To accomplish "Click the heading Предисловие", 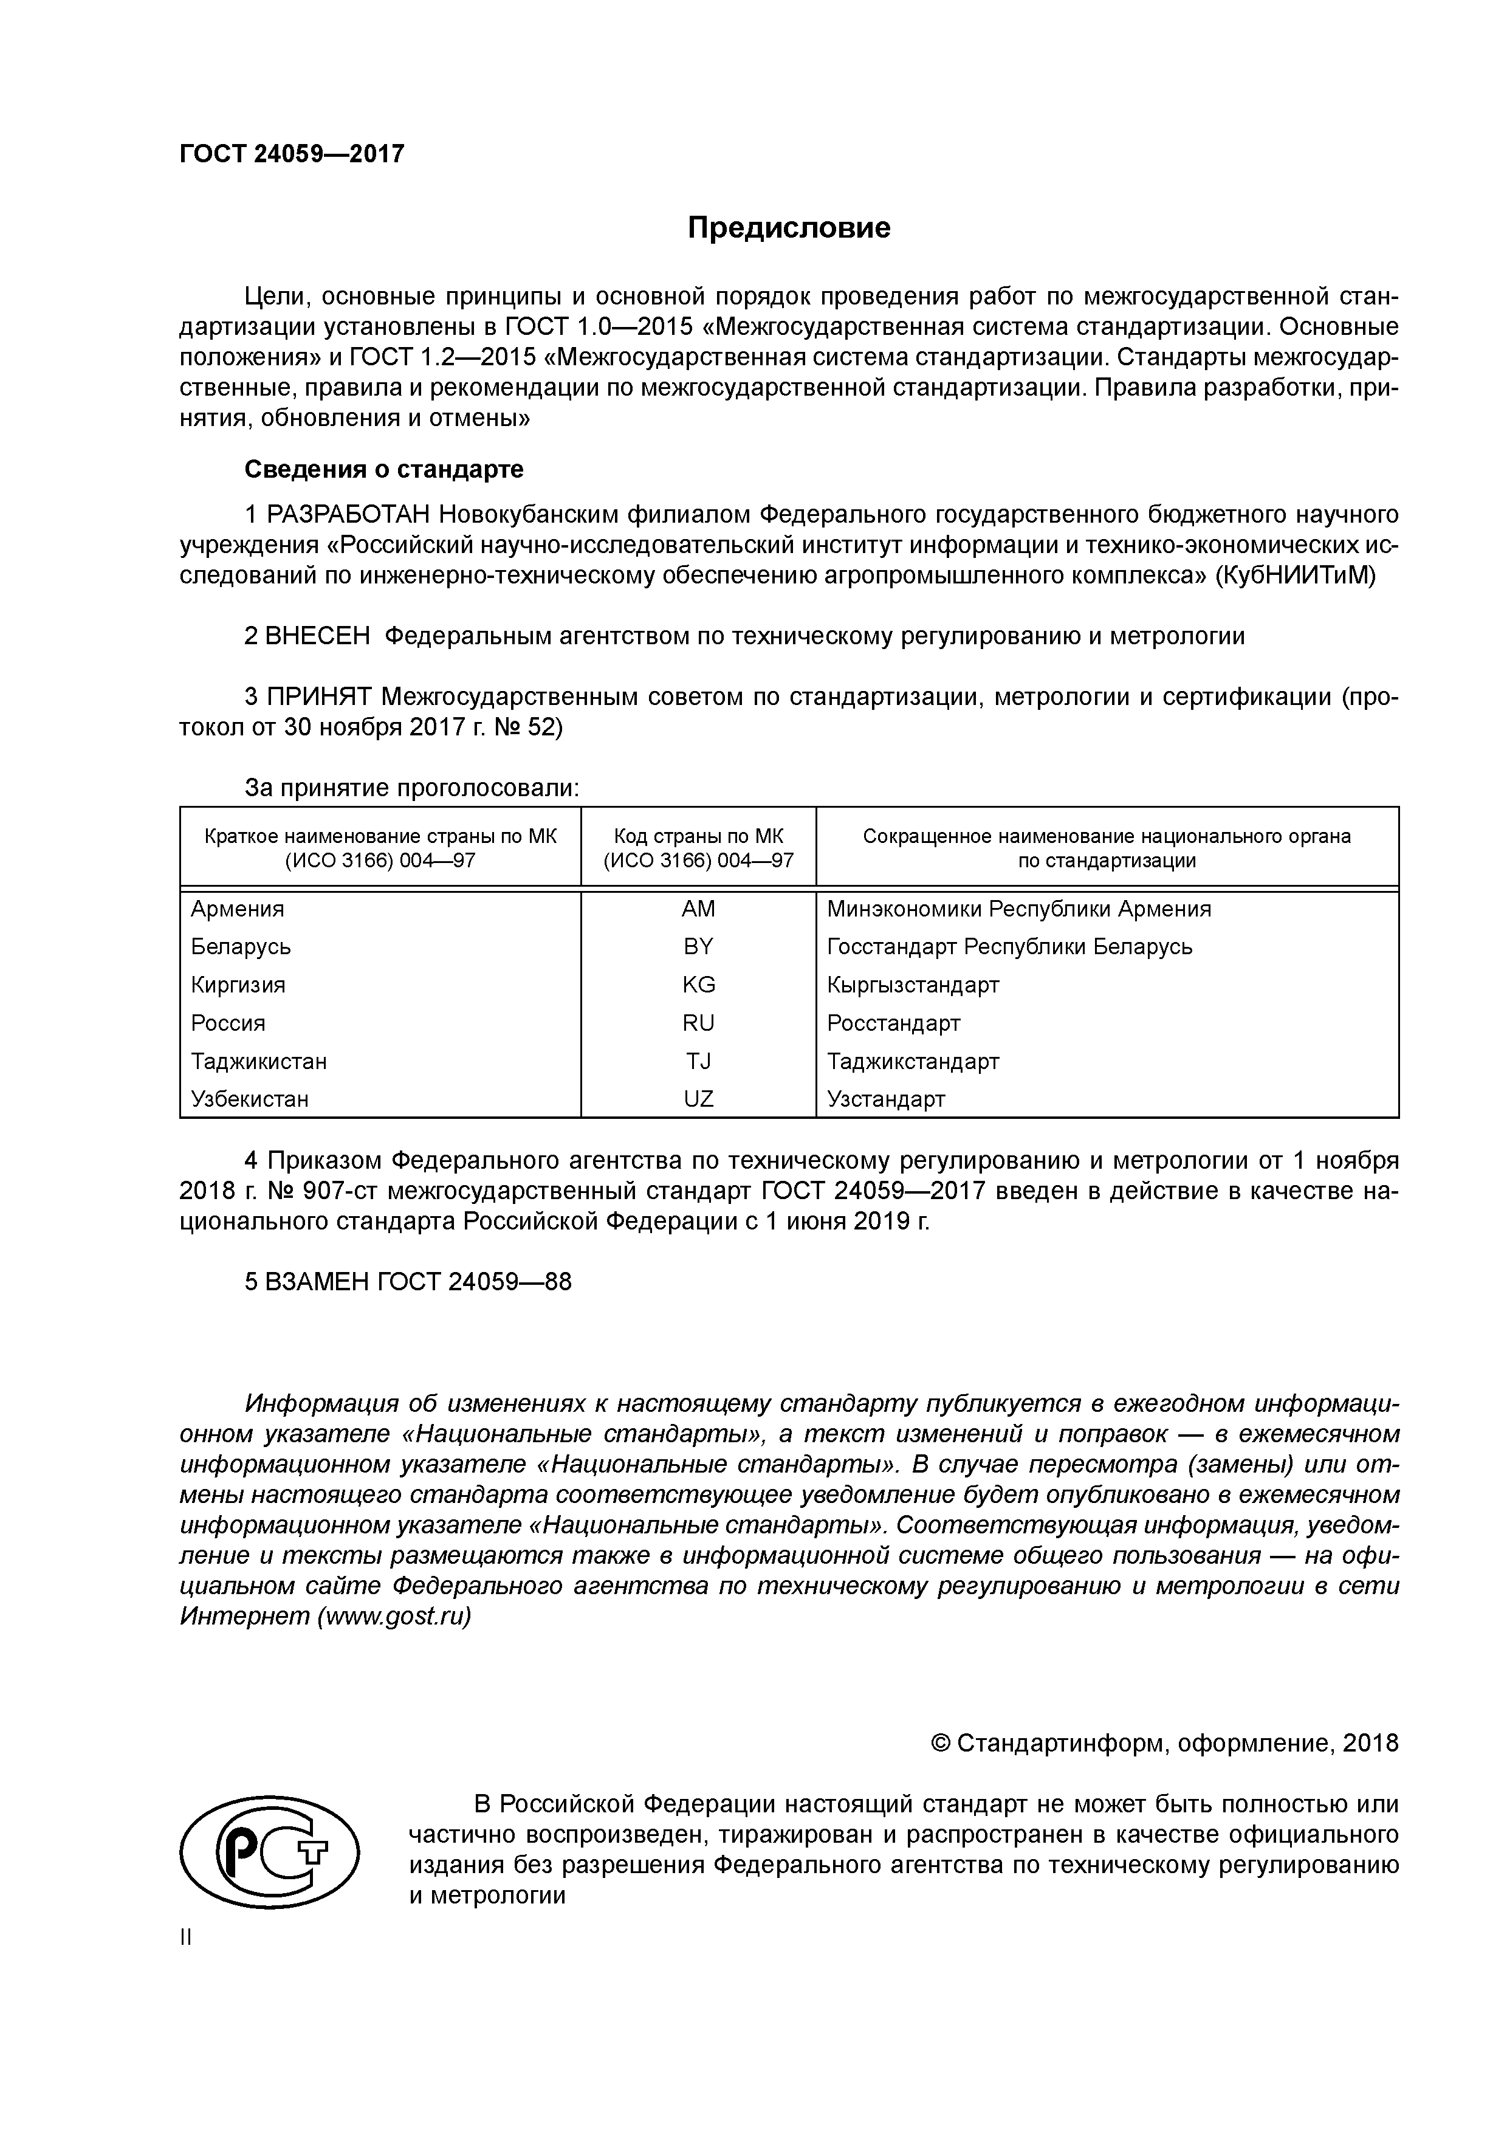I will [x=788, y=227].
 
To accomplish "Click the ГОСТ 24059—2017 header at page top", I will [x=292, y=153].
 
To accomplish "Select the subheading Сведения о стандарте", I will [x=383, y=469].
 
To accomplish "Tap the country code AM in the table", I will [x=698, y=909].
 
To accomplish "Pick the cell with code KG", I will [x=698, y=985].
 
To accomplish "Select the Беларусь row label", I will [x=241, y=947].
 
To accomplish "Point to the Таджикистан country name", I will [x=258, y=1061].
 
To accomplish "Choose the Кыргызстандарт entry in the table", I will [x=913, y=985].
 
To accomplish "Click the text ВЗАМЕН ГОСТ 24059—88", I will [x=408, y=1282].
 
